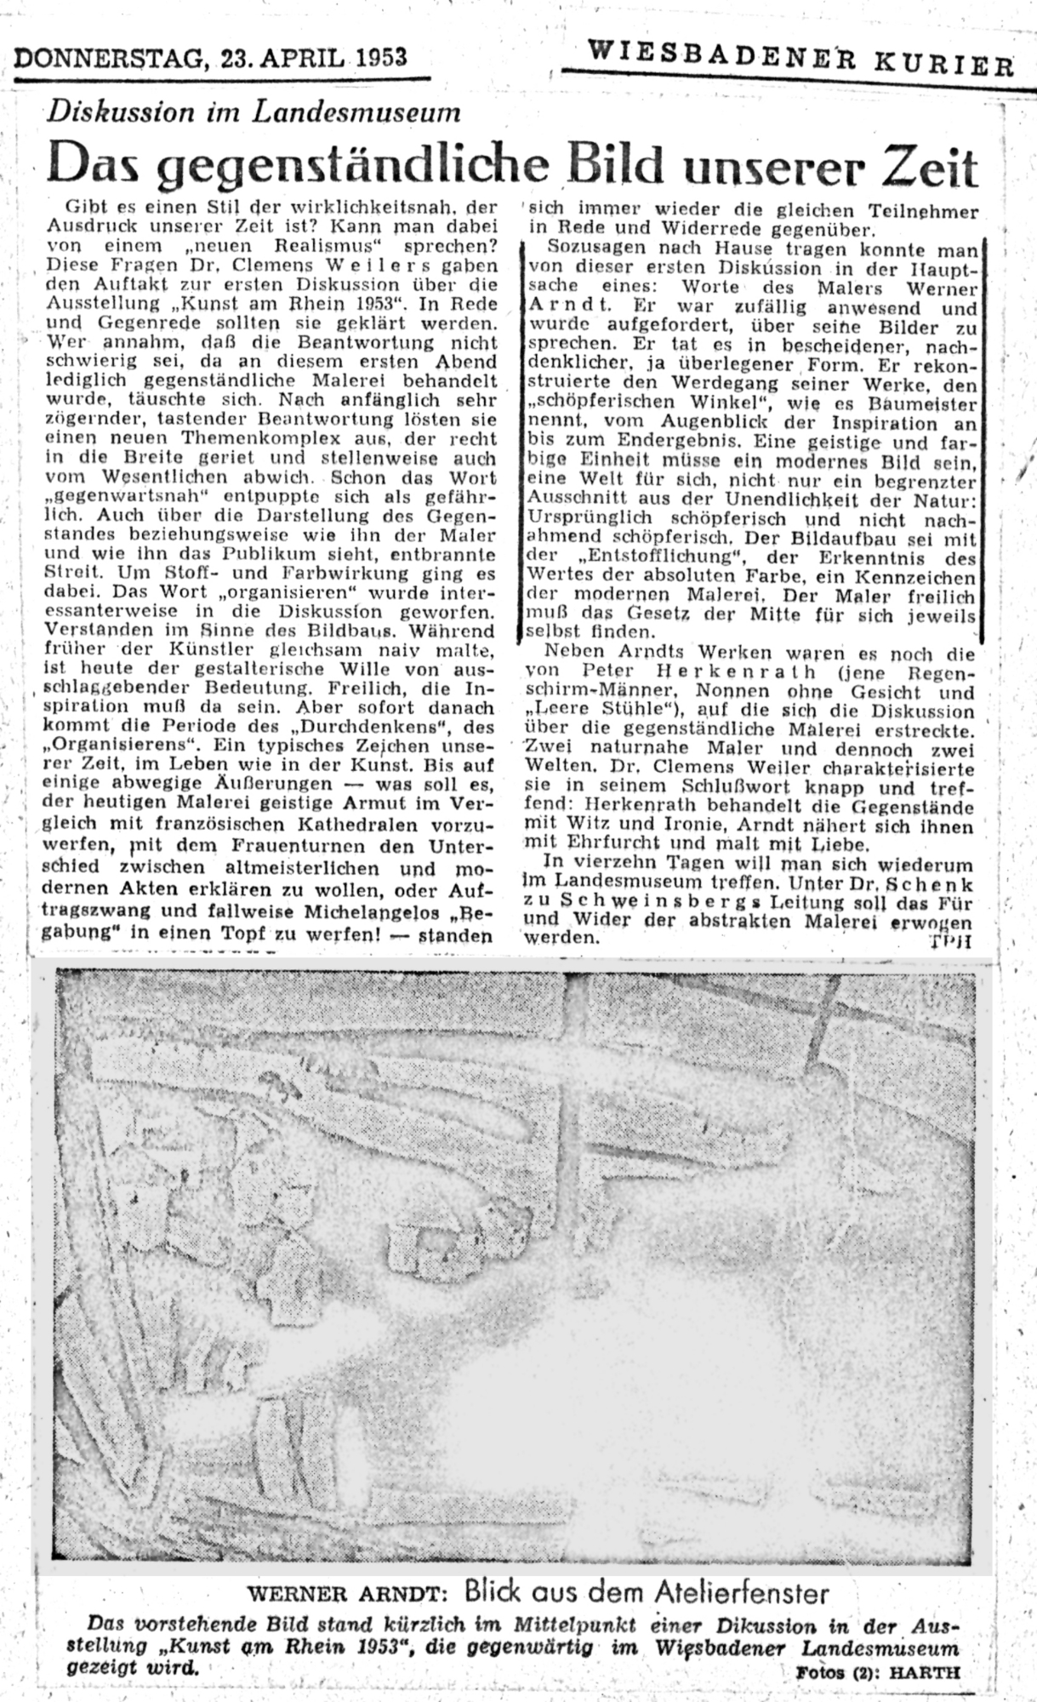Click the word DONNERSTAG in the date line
[108, 57]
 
